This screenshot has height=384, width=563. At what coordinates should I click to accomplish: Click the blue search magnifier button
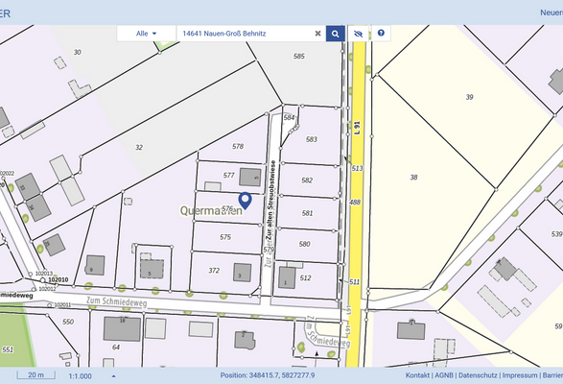335,34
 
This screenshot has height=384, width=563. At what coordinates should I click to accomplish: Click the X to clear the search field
317,34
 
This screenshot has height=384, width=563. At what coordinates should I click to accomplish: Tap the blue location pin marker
245,200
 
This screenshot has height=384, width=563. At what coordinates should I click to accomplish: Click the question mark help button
381,34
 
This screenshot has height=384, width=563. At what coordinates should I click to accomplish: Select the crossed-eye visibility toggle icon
358,34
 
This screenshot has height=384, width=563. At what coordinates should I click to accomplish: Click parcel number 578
238,146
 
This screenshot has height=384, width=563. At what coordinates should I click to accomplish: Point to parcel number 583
311,139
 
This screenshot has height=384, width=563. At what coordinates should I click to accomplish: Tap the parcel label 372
214,271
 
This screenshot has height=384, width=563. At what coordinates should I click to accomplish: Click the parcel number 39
469,97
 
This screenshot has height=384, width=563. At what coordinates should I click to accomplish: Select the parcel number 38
413,178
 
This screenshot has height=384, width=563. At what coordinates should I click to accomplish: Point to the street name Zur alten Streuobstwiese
271,198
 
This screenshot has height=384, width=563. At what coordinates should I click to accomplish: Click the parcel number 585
298,57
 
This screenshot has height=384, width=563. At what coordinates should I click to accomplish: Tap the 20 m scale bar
35,375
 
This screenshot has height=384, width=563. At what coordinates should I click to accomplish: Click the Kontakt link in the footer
417,375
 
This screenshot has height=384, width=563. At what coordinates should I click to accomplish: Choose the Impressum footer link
520,375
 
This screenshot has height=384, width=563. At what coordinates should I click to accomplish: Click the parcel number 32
139,147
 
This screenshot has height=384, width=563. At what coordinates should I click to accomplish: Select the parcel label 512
305,277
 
